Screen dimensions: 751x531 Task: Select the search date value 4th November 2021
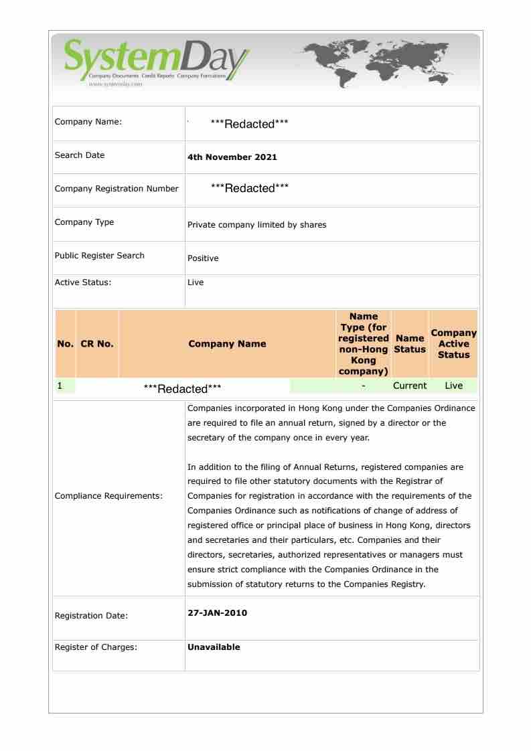[232, 157]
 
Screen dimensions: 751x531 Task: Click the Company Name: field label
[88, 122]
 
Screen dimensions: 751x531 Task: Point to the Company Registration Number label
[117, 189]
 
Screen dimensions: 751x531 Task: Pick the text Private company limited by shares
[256, 225]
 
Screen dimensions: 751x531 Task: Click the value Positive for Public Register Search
[203, 258]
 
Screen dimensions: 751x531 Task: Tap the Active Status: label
[83, 282]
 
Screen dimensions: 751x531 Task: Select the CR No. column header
[96, 344]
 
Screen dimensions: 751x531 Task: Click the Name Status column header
[410, 344]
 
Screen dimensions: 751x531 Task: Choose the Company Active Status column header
[453, 344]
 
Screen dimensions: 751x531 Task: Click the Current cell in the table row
[410, 386]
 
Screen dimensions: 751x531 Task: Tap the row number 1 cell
[60, 386]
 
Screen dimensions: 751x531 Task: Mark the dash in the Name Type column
[363, 386]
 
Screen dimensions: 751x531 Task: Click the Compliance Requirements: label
[108, 496]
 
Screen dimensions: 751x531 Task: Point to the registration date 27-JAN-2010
[217, 612]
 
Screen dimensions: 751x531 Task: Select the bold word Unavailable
[214, 647]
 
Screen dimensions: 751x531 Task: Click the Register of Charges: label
[96, 647]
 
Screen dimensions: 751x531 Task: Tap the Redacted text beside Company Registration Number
[249, 188]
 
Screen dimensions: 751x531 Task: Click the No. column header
[65, 344]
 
